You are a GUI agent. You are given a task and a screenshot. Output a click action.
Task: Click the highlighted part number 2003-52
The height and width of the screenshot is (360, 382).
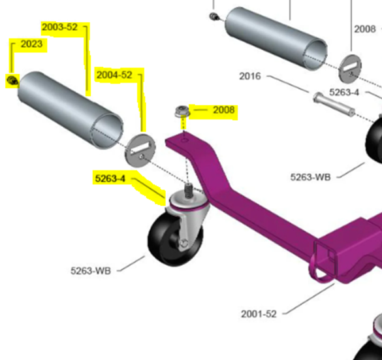(59, 27)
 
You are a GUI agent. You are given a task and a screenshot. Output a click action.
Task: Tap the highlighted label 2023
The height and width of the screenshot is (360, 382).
(31, 44)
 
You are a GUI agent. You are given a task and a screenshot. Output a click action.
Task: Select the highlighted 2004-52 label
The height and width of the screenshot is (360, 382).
(114, 75)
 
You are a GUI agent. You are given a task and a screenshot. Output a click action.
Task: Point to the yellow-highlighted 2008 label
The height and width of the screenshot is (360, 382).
(223, 110)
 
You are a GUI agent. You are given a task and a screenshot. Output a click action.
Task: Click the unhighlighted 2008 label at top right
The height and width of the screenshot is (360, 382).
(365, 29)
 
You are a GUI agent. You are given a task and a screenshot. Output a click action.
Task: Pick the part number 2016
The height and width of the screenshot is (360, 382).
(250, 76)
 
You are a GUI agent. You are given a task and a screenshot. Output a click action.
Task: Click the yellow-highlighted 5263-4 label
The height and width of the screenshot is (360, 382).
(110, 178)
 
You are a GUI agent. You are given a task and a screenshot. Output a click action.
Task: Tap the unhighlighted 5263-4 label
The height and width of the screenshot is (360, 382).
(344, 92)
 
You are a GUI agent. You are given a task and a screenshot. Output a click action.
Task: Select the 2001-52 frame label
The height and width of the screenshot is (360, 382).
(259, 314)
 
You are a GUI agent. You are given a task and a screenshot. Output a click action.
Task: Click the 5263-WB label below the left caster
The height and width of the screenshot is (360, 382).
(91, 270)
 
